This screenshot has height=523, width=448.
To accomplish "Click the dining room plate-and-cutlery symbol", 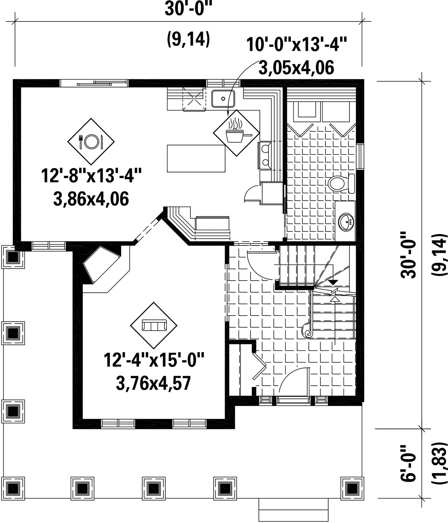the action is (91, 141).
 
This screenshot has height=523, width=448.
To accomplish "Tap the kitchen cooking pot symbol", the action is (236, 133).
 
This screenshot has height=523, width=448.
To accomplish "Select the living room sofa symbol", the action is (154, 325).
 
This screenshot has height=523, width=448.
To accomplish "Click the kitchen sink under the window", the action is (223, 99).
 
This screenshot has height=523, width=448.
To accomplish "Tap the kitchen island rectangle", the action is (196, 159).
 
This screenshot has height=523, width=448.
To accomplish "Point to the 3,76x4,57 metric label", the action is (153, 383).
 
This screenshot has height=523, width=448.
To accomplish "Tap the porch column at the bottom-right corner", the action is (352, 488).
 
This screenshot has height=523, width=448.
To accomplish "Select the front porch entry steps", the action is (293, 510).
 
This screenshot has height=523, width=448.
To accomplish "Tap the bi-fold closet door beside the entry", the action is (258, 366).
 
